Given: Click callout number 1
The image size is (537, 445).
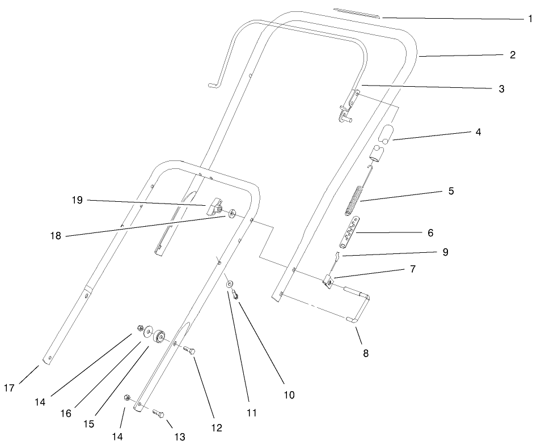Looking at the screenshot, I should (530, 19).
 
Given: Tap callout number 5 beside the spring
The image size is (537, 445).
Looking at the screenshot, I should (451, 191).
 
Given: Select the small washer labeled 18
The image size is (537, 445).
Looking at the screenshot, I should (232, 214).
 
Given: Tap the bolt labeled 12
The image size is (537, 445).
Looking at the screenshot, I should (189, 349).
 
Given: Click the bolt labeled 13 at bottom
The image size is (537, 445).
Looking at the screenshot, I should (159, 414).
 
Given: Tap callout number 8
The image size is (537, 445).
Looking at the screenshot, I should (365, 353).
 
